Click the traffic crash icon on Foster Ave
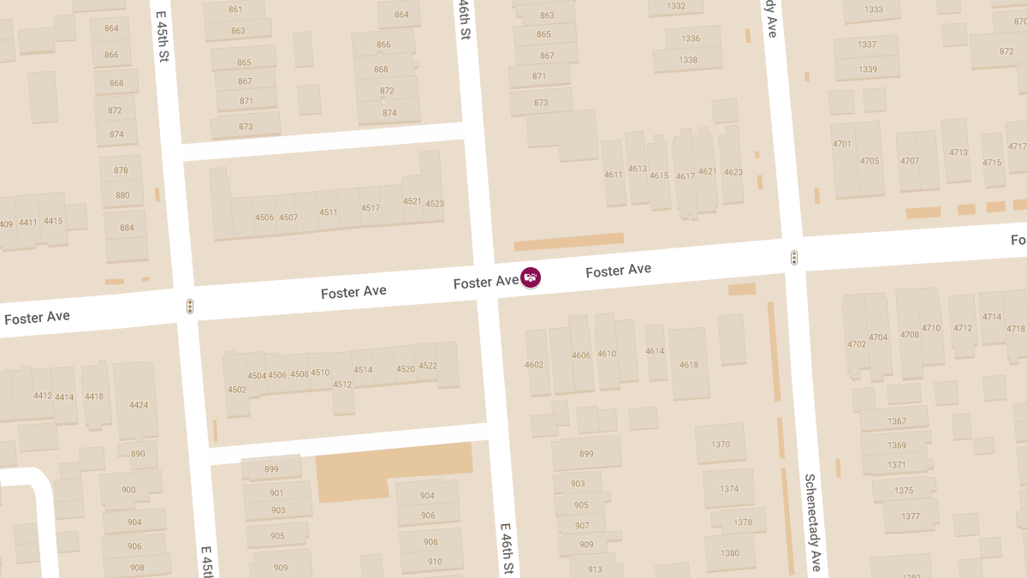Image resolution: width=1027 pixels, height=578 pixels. point(531,277)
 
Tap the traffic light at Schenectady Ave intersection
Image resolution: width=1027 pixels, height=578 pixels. point(794,257)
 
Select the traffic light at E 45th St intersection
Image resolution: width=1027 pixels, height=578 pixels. point(189,307)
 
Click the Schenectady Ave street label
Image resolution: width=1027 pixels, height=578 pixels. point(812,522)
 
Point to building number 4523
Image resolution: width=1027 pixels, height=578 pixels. point(434,204)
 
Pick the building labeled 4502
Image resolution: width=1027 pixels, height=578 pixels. point(237,390)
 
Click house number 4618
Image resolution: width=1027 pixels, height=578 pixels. point(689,365)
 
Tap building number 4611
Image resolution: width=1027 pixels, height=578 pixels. point(614,175)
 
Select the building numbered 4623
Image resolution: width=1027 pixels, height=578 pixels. point(733,172)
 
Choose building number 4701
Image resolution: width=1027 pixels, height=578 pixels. point(842,144)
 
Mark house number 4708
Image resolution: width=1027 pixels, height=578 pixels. point(909,335)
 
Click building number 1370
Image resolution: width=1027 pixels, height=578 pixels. point(721,444)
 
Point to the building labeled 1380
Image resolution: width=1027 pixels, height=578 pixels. point(729,553)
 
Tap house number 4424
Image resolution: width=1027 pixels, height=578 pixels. point(138,405)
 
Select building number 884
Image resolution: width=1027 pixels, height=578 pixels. point(127,228)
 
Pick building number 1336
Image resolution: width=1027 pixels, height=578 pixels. point(690,39)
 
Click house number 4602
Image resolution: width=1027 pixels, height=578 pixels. point(534,365)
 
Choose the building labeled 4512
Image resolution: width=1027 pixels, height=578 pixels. point(342,384)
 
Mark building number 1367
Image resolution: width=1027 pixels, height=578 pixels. point(896,421)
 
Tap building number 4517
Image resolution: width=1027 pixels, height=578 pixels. point(371,208)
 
